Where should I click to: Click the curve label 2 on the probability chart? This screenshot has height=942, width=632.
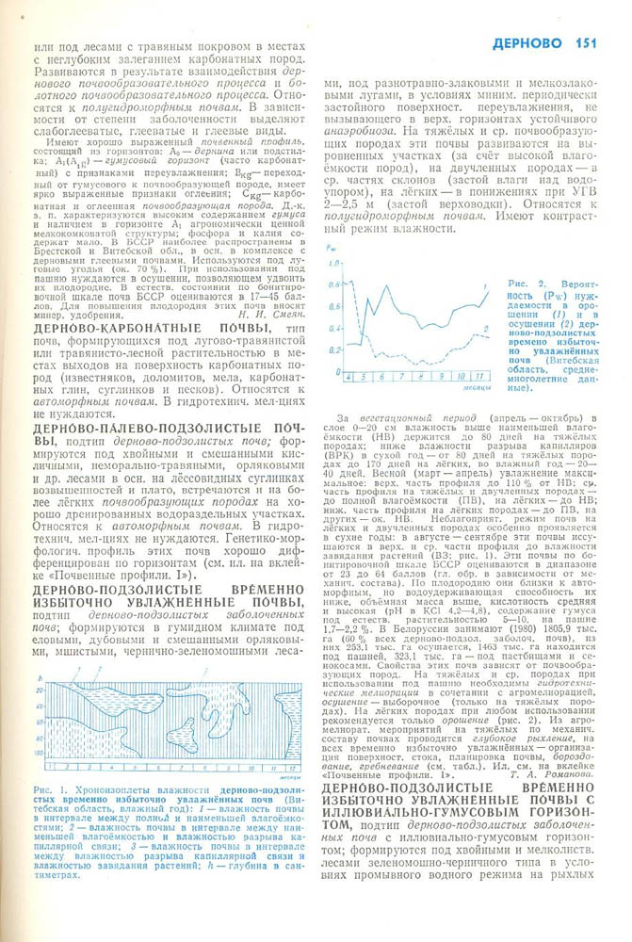(x=485, y=329)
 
